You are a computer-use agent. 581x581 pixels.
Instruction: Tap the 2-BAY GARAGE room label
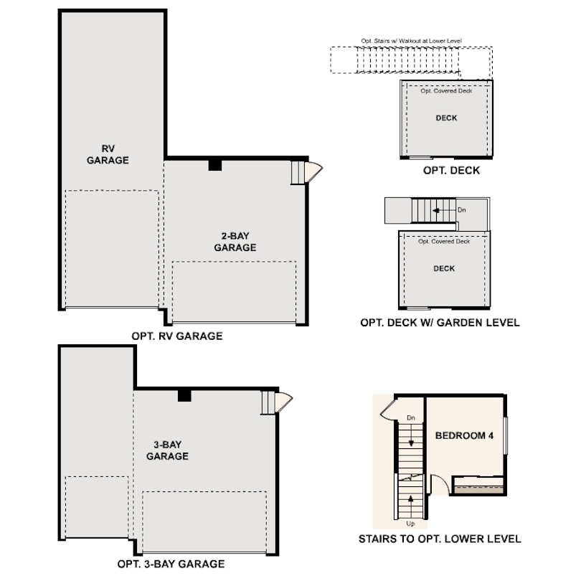coord(235,242)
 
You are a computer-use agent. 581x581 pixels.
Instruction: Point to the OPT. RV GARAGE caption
coord(177,336)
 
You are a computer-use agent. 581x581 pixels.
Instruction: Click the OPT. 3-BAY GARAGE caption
coord(172,564)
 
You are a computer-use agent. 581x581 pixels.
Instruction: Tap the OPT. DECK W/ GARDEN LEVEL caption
coord(440,323)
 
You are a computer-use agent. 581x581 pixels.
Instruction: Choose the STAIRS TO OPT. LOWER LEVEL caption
coord(439,539)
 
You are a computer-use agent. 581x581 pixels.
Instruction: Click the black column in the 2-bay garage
coord(214,165)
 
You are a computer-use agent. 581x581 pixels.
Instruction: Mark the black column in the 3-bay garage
coord(184,395)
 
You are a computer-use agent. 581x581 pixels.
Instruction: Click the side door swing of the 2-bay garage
coord(313,171)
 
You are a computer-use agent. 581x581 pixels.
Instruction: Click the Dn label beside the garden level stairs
coord(461,210)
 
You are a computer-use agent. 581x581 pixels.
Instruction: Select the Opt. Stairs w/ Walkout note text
coord(412,42)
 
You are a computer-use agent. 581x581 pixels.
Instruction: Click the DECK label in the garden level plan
coord(444,269)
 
